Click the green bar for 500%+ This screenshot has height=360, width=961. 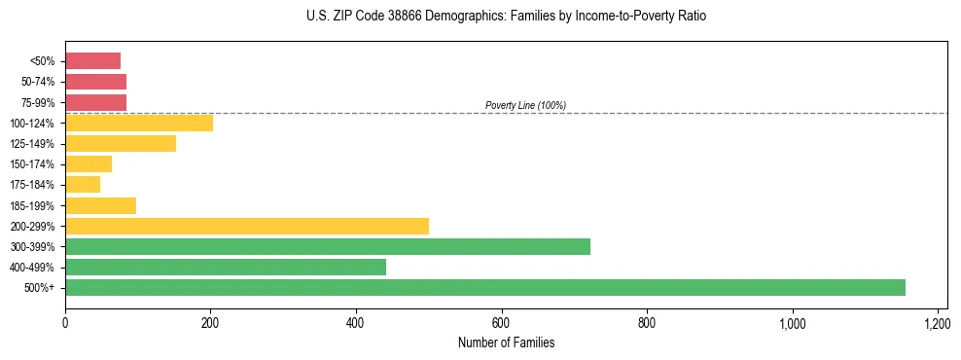click(x=484, y=287)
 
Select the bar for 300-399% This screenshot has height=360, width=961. click(x=328, y=246)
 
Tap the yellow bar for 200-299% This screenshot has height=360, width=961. click(x=247, y=226)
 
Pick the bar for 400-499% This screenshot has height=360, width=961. click(x=226, y=267)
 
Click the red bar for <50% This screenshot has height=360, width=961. click(x=92, y=61)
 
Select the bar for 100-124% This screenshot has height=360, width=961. click(x=139, y=123)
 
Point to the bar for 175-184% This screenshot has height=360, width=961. click(x=83, y=185)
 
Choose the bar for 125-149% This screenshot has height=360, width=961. click(x=121, y=143)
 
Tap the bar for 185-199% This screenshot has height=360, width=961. click(x=100, y=205)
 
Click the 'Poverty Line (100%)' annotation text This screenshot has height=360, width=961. click(x=525, y=105)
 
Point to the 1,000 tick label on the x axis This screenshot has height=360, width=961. click(x=792, y=322)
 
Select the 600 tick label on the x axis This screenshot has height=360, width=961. click(x=501, y=322)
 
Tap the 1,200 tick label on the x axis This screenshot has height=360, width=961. click(x=937, y=322)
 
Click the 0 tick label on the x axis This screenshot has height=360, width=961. click(x=65, y=322)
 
